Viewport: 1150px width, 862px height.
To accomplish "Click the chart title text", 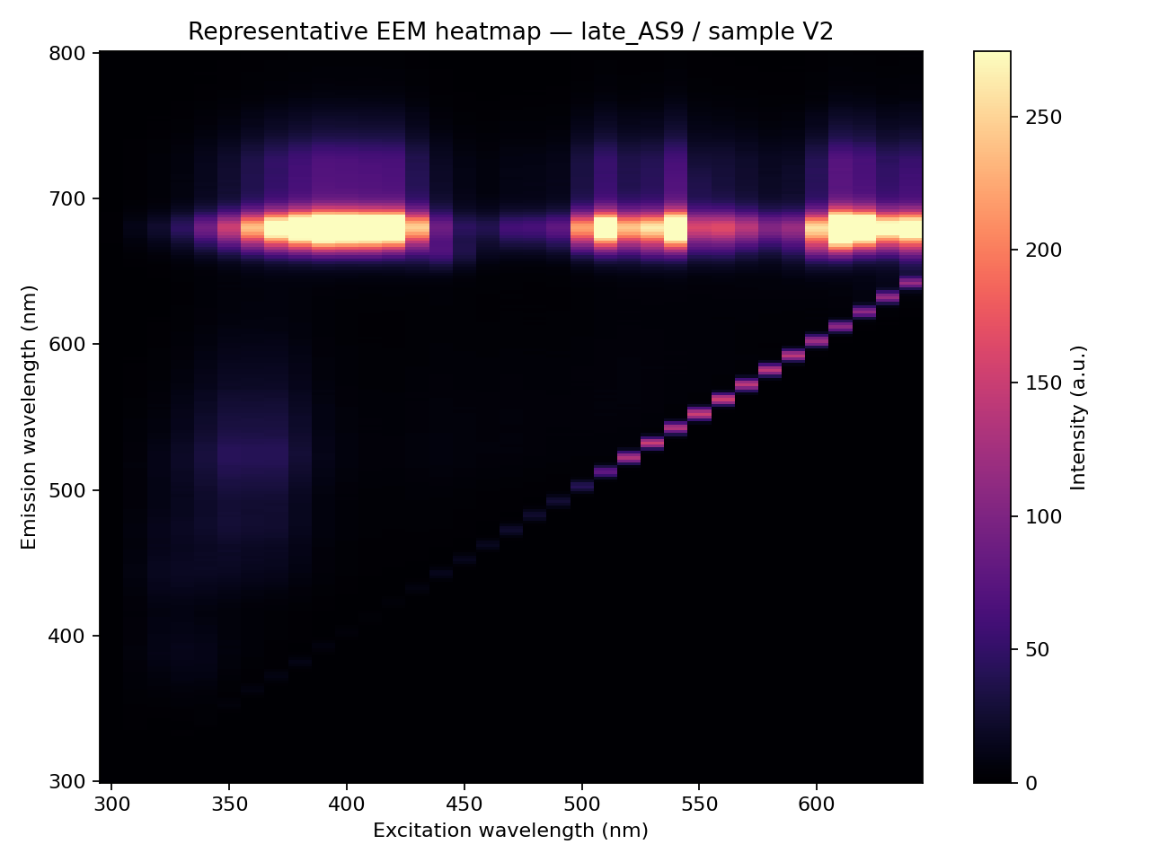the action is coord(509,31).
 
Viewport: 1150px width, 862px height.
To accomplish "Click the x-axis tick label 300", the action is coord(111,804).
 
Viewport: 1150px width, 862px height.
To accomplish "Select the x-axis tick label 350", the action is coord(229,804).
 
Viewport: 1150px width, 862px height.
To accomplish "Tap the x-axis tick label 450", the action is coord(464,804).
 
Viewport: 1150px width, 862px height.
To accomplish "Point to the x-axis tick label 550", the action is coord(699,804).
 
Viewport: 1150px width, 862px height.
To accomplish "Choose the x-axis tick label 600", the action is coord(817,804).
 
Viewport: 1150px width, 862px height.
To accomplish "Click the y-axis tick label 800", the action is coord(67,53).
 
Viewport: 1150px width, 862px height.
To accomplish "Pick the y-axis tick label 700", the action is coord(67,198).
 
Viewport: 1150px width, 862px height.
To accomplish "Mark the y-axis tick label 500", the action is coord(67,490).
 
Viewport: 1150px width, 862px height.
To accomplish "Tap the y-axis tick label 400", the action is coord(67,636).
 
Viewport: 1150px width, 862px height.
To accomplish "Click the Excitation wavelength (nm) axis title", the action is coord(510,831).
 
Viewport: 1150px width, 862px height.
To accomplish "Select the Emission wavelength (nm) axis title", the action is coord(28,418).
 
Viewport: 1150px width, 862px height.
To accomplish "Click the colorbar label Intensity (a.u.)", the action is coord(1078,418).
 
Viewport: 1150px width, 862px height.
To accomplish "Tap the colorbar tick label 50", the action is coord(1038,649).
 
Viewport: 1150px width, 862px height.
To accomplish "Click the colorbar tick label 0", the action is coord(1031,783).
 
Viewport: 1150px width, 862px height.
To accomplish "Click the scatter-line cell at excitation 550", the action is coord(699,414).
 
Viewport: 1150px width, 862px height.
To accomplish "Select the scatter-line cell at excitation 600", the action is coord(817,340).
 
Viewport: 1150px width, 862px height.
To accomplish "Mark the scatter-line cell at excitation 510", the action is coord(606,472).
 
